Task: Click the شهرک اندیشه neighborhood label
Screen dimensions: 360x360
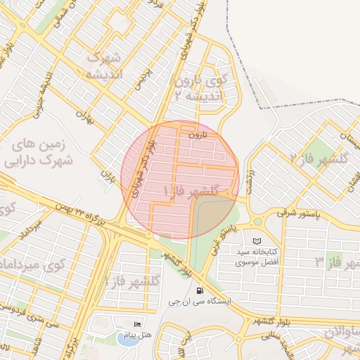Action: coord(106,65)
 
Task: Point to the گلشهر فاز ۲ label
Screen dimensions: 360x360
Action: coord(324,157)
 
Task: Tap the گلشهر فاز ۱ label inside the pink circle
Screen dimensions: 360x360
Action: coord(190,191)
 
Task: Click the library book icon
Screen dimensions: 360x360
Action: coord(257,241)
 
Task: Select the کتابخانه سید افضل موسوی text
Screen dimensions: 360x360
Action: coord(256,257)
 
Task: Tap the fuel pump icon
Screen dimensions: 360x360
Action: coord(200,290)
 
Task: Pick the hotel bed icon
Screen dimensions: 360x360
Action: coord(137,324)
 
